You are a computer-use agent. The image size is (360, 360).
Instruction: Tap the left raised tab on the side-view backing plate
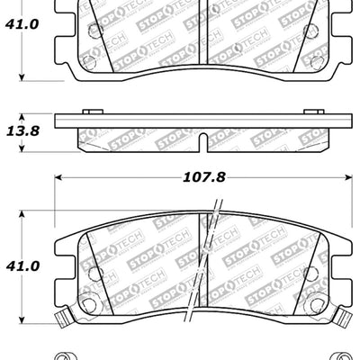90,112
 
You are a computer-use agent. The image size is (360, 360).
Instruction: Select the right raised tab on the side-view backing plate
317,112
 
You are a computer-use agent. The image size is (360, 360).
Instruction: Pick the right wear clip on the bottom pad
344,318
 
